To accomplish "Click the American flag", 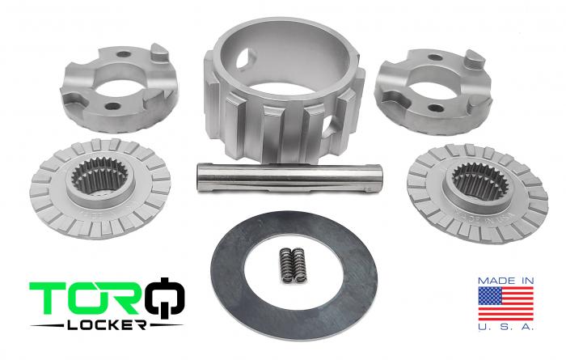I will point(506,303).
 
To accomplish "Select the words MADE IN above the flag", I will point(506,280).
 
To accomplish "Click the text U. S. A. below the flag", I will point(506,328).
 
